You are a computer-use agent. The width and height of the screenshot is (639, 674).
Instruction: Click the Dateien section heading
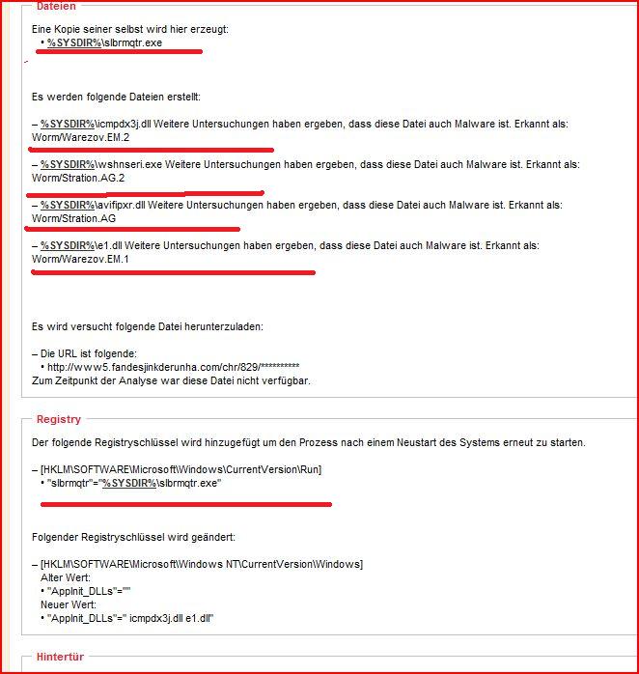point(56,6)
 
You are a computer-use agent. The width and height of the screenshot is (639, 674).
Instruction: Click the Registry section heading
point(58,419)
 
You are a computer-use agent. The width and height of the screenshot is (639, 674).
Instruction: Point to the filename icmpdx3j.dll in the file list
point(129,124)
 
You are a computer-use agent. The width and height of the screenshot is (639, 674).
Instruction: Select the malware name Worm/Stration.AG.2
point(79,178)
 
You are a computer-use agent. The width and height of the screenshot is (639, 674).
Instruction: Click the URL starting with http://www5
point(170,367)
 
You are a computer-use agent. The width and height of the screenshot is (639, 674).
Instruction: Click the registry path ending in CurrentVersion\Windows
point(201,564)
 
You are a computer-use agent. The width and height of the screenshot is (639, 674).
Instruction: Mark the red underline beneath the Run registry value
point(183,503)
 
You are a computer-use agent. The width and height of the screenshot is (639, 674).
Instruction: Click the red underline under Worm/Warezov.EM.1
point(174,272)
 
